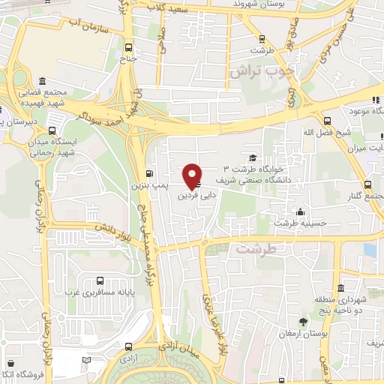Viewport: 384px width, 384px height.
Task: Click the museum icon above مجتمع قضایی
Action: pyautogui.click(x=42, y=81)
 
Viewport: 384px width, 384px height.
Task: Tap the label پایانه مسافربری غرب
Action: pyautogui.click(x=92, y=291)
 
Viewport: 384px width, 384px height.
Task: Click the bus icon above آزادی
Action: pyautogui.click(x=128, y=346)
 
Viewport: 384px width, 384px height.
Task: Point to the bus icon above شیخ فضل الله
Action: pyautogui.click(x=327, y=120)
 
